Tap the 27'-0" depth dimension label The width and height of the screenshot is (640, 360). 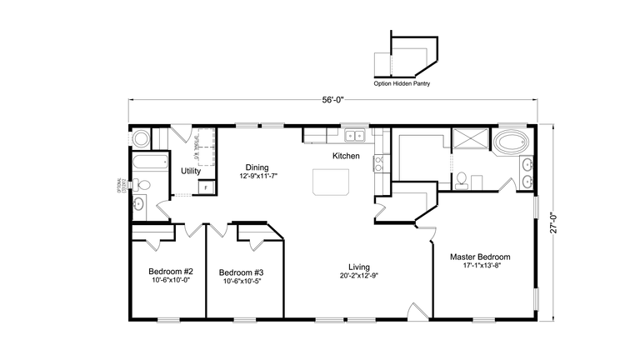(x=552, y=224)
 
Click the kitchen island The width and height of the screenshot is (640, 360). (x=331, y=182)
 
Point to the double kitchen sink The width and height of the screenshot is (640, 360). (x=356, y=134)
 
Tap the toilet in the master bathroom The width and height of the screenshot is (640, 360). (x=461, y=178)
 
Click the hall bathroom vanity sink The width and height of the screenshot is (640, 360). (x=140, y=203)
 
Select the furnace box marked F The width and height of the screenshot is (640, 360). (x=204, y=187)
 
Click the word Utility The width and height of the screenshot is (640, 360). (x=191, y=171)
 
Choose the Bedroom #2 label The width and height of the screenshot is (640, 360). (x=171, y=272)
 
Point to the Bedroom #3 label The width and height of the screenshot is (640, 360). (x=241, y=272)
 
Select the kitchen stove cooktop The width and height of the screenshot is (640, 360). (x=378, y=162)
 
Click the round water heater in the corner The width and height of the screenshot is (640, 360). (x=140, y=137)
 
